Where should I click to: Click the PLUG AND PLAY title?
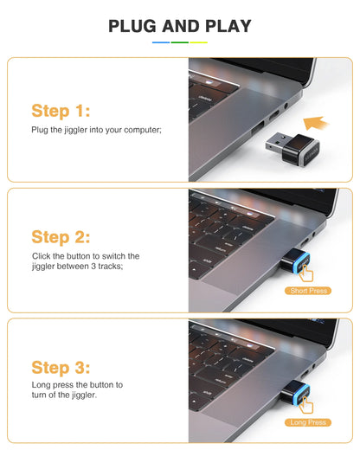tap(180, 26)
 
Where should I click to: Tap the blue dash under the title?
tap(161, 42)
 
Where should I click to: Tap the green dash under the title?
tap(180, 42)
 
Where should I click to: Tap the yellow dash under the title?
tap(199, 42)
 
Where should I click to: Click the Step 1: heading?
tap(61, 111)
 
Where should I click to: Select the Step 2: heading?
tap(61, 236)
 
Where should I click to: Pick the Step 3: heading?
tap(61, 367)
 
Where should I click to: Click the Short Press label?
tap(309, 291)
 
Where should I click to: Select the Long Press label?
tap(309, 422)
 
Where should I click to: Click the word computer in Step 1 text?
tap(141, 130)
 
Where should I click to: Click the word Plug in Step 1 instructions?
tap(40, 130)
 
